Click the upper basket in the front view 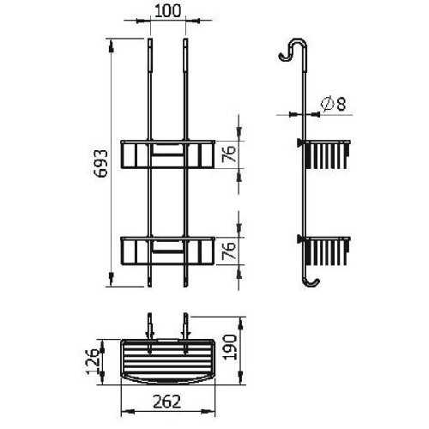click(167, 154)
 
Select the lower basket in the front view click(167, 249)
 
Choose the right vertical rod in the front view click(185, 94)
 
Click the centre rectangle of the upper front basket click(167, 155)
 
